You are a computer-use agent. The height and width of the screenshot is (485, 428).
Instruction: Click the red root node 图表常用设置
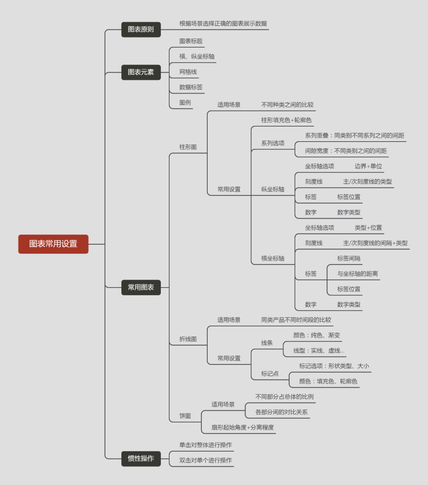53,244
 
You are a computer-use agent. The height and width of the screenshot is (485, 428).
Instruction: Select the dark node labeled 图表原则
141,29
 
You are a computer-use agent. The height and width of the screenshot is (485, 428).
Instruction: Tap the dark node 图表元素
141,72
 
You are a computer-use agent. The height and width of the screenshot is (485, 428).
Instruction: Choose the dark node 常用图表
141,287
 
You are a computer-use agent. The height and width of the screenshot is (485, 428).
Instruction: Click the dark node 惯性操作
141,458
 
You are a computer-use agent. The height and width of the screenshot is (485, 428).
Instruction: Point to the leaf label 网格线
188,72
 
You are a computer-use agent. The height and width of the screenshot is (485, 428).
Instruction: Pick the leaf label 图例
185,102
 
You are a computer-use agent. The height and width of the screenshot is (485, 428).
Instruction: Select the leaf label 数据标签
191,87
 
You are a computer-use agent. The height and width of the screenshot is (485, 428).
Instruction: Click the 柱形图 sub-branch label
188,147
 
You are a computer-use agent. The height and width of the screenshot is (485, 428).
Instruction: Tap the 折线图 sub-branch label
188,339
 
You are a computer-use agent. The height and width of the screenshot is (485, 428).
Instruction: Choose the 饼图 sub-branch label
185,416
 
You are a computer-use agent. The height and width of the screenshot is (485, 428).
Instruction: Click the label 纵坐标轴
273,189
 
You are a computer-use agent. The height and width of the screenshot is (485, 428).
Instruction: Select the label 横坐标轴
273,258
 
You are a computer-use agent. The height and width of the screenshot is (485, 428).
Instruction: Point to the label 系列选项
273,143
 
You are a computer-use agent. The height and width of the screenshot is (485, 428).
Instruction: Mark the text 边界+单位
368,166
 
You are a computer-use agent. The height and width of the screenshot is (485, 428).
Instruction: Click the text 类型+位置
368,228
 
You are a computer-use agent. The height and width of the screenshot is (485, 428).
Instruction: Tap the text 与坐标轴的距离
357,274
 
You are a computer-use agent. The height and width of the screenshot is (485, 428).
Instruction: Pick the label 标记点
270,374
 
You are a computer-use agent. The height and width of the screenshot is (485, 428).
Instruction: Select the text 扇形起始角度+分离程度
243,427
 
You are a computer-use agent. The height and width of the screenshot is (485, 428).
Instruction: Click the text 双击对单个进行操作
205,460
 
